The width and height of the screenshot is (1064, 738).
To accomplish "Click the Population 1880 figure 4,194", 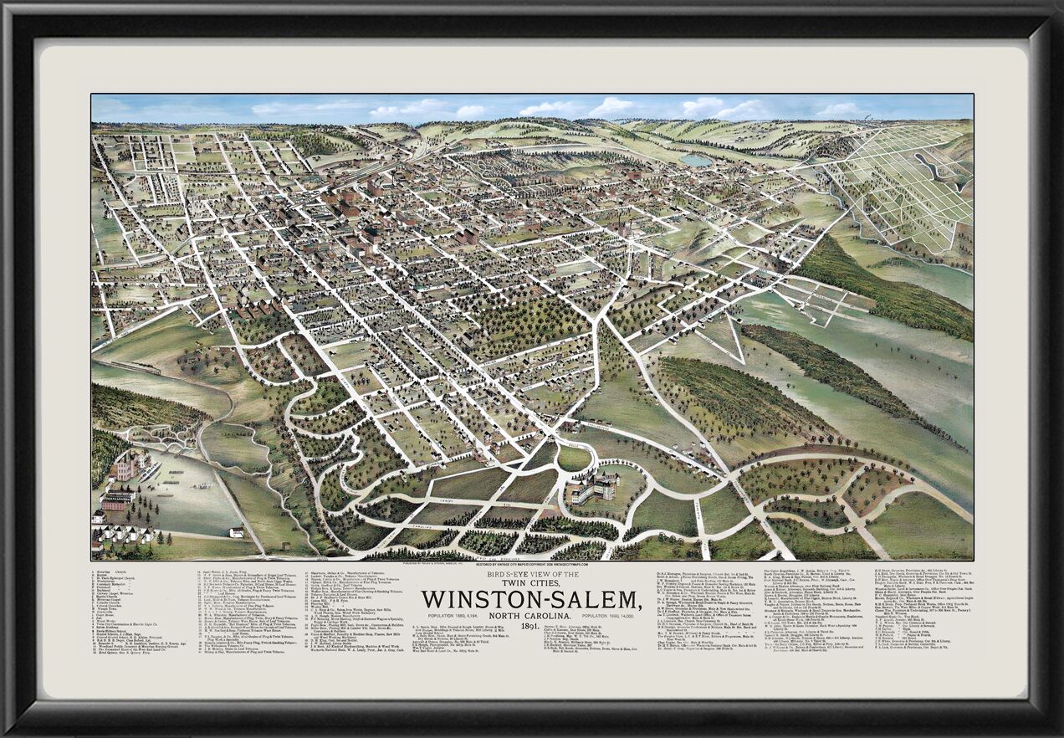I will [471, 618].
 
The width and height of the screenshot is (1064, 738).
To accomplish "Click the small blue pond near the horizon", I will [695, 160].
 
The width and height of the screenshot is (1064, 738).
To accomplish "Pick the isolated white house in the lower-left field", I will [237, 531].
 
